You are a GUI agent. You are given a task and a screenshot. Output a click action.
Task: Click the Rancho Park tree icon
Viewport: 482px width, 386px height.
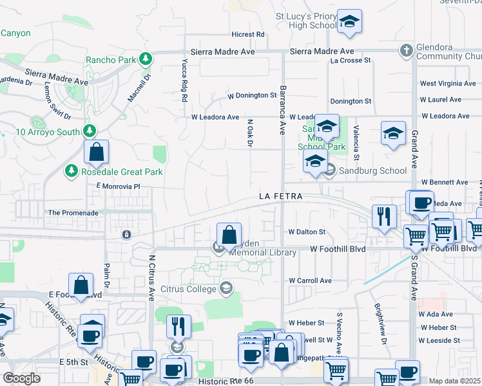coord(146,59)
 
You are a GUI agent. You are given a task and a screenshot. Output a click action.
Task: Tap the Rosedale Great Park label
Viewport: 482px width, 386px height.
coord(121,172)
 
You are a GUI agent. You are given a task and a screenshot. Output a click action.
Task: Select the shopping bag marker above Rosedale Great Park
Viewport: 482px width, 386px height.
coord(96,152)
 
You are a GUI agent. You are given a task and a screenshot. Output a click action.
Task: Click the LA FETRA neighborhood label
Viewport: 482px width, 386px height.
coord(280,196)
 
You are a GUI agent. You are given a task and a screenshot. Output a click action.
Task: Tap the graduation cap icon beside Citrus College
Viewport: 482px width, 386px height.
coord(226,288)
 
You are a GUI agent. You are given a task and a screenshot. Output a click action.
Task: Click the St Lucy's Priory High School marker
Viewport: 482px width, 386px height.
coord(349,22)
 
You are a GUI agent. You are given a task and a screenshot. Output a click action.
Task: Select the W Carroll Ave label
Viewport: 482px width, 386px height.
coord(310,280)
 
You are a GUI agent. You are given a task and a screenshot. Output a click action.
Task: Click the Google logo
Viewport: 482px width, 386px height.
coord(21,378)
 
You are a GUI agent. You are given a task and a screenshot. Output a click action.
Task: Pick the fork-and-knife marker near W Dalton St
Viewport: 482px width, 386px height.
coord(384,216)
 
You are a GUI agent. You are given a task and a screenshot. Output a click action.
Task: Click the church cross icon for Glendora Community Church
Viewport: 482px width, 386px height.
coord(406,50)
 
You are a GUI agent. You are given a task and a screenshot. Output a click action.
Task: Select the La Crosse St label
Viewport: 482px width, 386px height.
coord(351,60)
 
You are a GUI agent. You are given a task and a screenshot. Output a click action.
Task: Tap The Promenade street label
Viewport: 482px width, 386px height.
coord(73,212)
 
